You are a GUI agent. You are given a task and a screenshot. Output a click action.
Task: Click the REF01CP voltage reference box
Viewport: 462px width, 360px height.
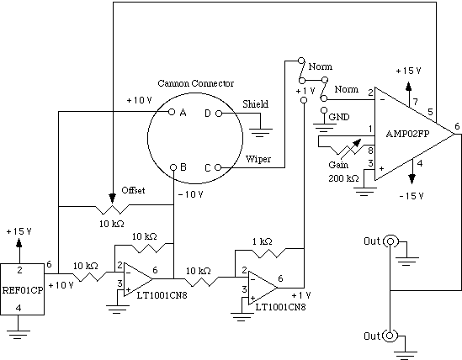point(22,289)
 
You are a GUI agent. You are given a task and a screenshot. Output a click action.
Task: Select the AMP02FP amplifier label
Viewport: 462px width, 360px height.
point(407,134)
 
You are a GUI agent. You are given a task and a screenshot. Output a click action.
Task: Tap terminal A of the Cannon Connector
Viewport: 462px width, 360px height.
point(172,112)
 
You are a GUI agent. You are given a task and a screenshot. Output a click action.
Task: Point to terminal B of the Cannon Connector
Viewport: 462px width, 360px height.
point(173,167)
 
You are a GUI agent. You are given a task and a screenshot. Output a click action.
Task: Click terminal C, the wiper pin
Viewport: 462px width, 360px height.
point(218,167)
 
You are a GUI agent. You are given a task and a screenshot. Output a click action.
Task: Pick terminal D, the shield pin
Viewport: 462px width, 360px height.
point(219,114)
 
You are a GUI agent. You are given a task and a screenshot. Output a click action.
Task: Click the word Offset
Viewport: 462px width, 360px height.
point(133,190)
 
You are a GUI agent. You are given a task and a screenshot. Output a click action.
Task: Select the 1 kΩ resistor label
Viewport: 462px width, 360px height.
point(262,241)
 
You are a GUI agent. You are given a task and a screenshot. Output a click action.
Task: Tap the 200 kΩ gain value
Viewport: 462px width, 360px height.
point(343,178)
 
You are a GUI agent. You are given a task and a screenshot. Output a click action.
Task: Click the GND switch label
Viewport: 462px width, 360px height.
point(339,117)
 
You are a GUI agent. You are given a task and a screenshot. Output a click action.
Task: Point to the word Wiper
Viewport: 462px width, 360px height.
point(258,159)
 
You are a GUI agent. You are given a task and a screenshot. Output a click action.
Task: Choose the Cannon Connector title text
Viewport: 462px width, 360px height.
point(195,83)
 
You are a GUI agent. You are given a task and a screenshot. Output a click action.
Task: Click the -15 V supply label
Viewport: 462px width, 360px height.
point(412,196)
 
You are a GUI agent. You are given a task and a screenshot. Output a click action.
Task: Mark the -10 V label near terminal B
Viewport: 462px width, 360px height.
point(191,194)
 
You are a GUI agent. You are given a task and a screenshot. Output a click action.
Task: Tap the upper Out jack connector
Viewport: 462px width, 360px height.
point(390,241)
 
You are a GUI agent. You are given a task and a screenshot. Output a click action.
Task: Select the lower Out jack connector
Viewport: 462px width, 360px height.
point(390,336)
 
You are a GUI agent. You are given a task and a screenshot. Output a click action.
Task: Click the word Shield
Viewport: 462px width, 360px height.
point(256,104)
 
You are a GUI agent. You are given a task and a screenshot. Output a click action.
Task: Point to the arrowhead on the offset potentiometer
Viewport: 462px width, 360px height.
point(112,198)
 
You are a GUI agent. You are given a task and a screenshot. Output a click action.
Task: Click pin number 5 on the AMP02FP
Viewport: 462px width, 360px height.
point(431,112)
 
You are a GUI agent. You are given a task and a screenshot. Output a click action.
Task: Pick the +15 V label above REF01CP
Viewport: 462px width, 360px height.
point(19,231)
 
